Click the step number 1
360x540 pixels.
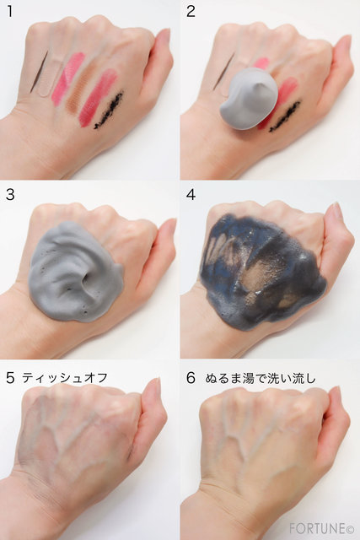coord(9,11)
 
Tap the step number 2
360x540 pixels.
coord(191,11)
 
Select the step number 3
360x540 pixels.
coord(10,195)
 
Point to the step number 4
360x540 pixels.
coord(191,195)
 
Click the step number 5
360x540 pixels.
coord(10,378)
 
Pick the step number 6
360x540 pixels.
coord(191,378)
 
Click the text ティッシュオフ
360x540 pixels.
coord(65,378)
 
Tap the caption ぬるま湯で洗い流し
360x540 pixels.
coord(261,378)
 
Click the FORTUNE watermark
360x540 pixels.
coord(317,527)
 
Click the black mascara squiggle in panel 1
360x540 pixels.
coord(109,111)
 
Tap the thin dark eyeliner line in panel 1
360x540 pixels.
coord(39,72)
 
